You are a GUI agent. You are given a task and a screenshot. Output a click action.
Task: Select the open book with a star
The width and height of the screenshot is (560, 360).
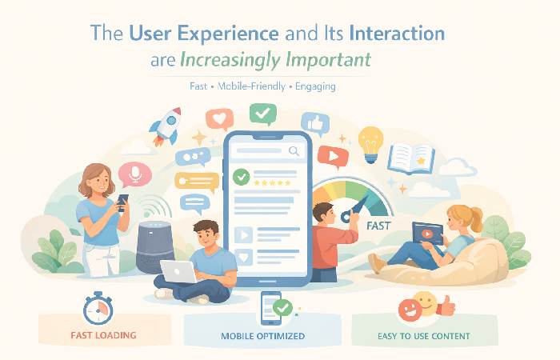coord(411,158)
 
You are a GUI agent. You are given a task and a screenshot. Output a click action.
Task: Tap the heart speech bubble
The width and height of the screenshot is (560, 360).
coord(218,120)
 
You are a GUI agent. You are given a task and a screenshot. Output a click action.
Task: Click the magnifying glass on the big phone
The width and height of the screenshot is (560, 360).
coord(294,150)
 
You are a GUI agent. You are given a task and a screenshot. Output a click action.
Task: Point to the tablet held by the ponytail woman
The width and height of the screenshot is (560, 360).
coord(428,234)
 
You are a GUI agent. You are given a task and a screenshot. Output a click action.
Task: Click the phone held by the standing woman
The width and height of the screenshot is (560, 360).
coord(122,202)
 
